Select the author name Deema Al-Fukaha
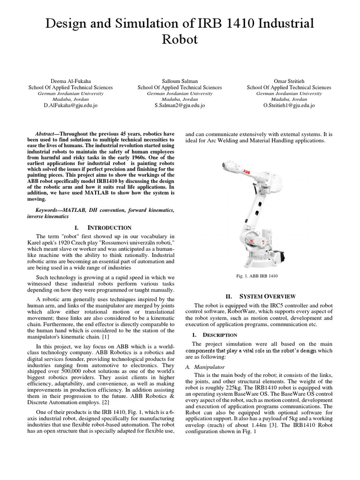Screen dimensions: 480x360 click(x=70, y=81)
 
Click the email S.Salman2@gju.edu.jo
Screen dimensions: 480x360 click(x=180, y=105)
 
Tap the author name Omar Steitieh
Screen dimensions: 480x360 click(x=289, y=81)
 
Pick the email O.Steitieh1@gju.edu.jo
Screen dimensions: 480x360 click(x=289, y=105)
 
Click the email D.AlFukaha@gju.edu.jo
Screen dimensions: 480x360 click(x=70, y=105)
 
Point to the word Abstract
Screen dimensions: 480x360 click(x=45, y=134)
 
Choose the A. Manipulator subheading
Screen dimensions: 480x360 click(x=210, y=367)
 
